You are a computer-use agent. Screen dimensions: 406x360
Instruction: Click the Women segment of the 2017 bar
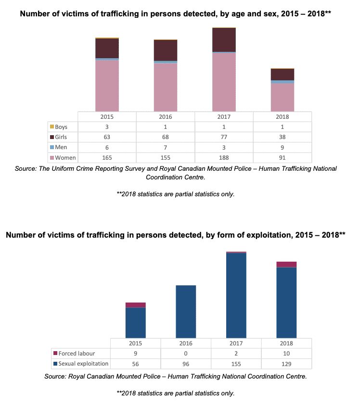click(x=224, y=82)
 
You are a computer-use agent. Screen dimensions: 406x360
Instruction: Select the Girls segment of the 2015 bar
click(x=107, y=48)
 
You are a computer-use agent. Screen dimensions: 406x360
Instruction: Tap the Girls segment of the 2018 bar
click(x=282, y=75)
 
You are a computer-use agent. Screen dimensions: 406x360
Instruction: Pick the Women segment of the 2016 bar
click(x=165, y=87)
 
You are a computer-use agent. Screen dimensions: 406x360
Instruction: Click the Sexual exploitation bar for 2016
click(x=186, y=311)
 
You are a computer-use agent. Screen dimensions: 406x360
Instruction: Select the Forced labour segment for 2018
click(x=286, y=264)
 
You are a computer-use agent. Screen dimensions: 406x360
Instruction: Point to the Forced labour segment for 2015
click(x=135, y=305)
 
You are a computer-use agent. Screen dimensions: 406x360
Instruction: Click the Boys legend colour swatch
click(x=52, y=127)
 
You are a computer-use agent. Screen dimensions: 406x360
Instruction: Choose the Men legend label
click(x=61, y=148)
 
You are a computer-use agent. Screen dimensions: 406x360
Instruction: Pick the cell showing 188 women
click(x=224, y=158)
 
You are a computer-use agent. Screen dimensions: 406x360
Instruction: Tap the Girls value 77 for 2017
click(x=224, y=137)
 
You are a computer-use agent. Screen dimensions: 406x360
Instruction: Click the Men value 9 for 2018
click(x=282, y=148)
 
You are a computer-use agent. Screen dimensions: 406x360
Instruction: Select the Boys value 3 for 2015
click(x=107, y=127)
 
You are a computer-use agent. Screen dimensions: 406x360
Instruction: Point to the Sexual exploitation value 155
click(x=236, y=364)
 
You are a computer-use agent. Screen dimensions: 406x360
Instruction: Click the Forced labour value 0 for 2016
click(x=186, y=354)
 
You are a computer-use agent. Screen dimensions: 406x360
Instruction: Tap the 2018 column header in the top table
click(x=282, y=117)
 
